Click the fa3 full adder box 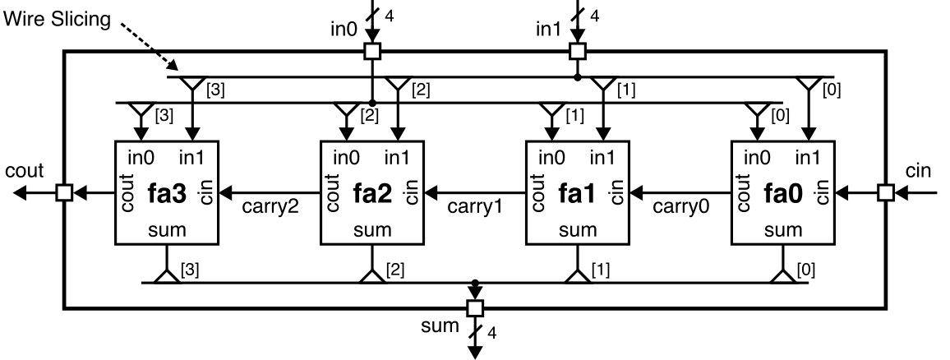tap(164, 192)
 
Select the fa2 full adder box tap(371, 192)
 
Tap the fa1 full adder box tap(577, 192)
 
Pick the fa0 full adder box tap(783, 192)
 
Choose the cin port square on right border tap(885, 192)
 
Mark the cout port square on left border tap(63, 192)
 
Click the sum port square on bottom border tap(474, 308)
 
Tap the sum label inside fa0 tap(783, 230)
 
